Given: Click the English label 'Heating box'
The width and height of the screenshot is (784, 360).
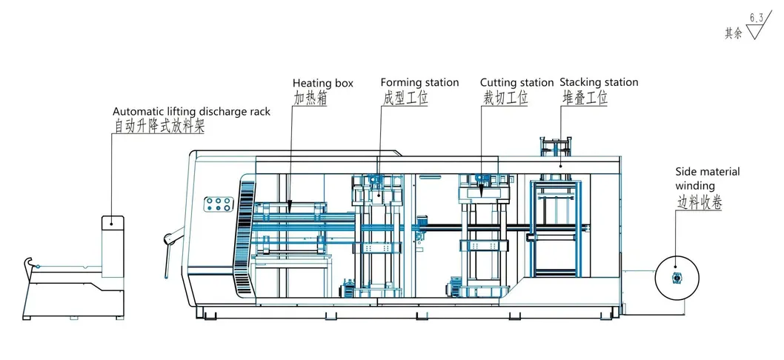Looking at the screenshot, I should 322,83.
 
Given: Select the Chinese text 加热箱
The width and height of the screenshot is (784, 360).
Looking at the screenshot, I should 310,98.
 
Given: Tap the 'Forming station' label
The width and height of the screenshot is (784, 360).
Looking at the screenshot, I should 419,82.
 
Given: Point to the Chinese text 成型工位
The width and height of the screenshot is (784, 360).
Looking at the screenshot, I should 405,98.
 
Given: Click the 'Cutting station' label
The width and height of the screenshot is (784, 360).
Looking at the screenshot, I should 516,83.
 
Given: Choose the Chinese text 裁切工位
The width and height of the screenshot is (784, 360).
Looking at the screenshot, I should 505,98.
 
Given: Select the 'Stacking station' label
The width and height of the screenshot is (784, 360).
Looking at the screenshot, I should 599,82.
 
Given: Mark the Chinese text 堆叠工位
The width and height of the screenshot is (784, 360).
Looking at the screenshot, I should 584,98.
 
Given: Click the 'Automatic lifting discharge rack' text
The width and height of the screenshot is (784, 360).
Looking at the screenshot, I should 191,112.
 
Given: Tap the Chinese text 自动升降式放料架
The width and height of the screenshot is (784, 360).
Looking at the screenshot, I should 159,127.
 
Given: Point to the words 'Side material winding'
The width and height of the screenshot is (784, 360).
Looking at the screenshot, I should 707,179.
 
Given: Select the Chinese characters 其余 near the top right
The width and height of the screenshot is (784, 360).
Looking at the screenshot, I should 734,33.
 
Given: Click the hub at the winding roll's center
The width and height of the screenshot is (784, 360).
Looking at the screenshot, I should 677,278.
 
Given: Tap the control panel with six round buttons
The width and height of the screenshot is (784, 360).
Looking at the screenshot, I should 218,205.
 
